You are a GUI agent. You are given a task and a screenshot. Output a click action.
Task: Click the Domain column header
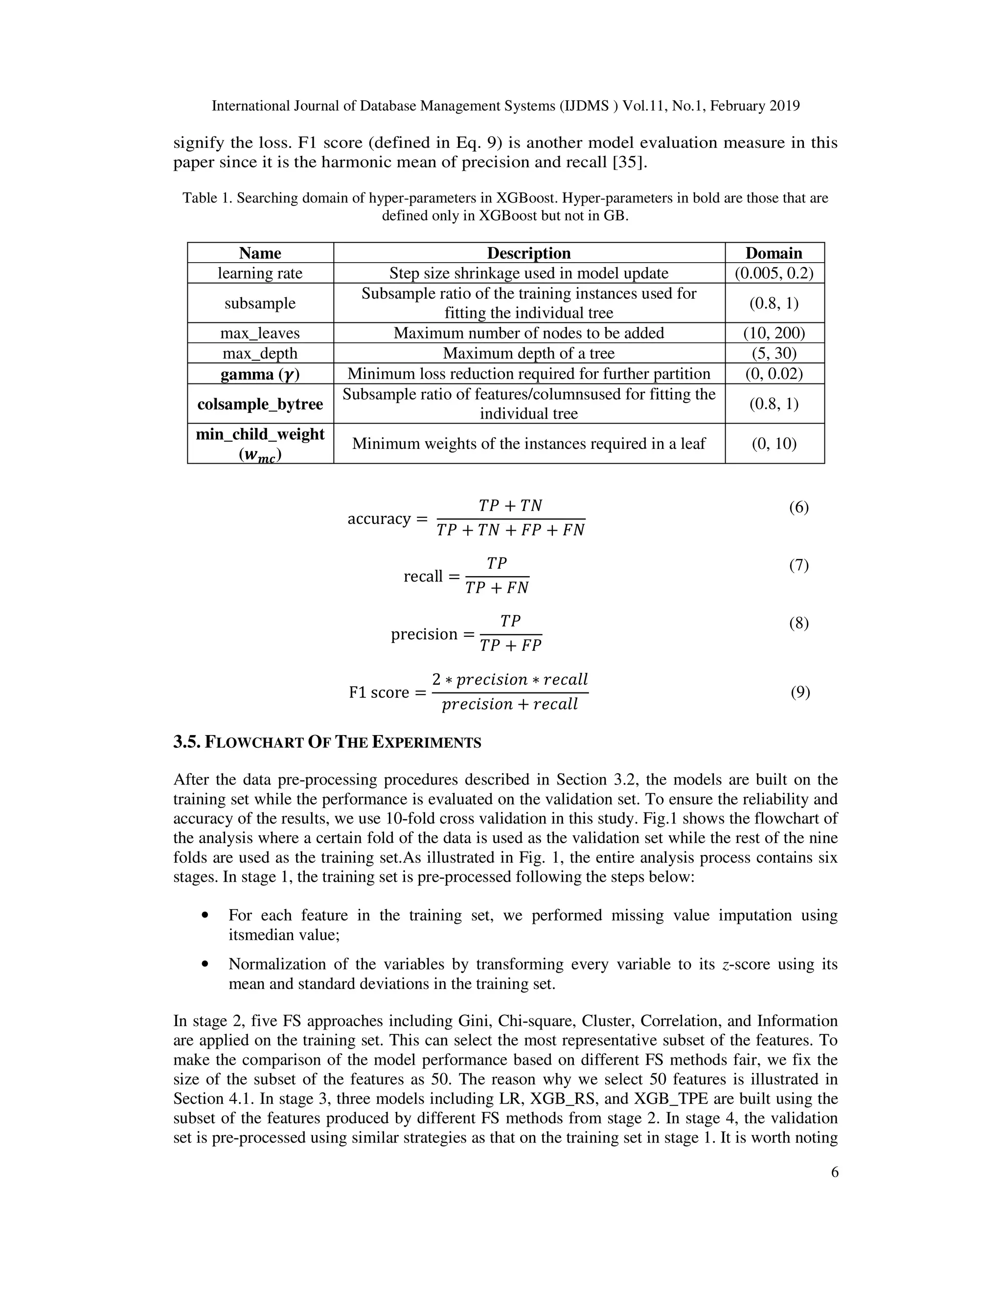click(774, 253)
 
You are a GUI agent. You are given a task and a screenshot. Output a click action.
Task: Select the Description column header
click(528, 253)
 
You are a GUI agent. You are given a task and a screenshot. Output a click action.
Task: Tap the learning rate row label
click(260, 273)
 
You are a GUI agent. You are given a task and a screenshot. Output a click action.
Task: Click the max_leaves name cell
click(260, 333)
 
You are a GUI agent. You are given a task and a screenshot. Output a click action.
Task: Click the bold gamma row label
click(260, 374)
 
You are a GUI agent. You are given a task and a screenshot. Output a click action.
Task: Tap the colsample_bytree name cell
click(260, 404)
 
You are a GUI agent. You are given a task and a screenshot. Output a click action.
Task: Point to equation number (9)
click(799, 693)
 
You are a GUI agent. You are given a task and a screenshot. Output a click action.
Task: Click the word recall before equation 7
click(423, 576)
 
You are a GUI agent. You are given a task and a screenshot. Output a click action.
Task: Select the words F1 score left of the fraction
click(379, 693)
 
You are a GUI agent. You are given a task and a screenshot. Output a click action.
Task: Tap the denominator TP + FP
click(510, 646)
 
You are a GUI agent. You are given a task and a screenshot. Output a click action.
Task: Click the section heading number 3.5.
click(186, 742)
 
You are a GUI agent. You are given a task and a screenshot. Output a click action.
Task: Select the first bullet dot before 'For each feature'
click(205, 916)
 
